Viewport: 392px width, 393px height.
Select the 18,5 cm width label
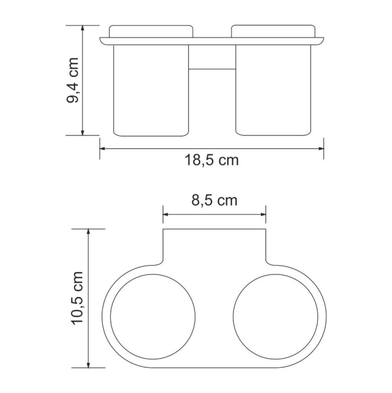[x=211, y=161]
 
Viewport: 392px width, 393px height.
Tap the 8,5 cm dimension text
[x=214, y=200]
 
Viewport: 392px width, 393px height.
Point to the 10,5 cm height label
[x=76, y=298]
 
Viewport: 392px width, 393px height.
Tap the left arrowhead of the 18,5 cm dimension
[x=103, y=149]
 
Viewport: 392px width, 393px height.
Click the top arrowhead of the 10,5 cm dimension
[x=88, y=232]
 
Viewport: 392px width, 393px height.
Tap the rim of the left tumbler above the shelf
[x=150, y=30]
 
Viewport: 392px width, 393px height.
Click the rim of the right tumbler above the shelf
[x=273, y=30]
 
